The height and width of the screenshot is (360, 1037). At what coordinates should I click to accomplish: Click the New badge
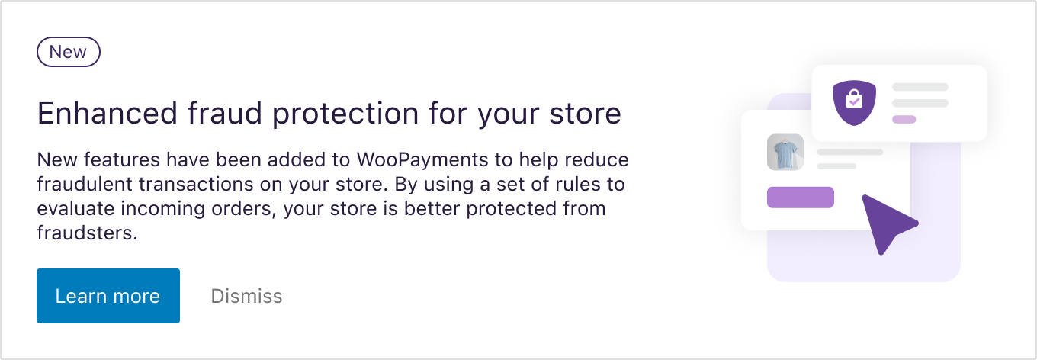(x=69, y=52)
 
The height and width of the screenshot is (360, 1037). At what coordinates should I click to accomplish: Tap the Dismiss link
(x=246, y=296)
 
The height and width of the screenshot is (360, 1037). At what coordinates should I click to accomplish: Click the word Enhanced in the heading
(x=108, y=113)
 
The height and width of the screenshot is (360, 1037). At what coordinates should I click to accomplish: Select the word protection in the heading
(x=345, y=114)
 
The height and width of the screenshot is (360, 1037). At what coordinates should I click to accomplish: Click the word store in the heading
(x=585, y=114)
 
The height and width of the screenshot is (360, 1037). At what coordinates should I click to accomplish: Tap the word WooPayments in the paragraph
(x=422, y=160)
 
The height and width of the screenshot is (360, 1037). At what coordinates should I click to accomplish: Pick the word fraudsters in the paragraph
(x=87, y=233)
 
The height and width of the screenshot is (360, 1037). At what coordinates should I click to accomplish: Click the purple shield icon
(x=854, y=102)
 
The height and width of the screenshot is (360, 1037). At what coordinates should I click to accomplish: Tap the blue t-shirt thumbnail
(x=785, y=153)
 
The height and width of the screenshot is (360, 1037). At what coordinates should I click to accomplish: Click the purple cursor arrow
(x=887, y=223)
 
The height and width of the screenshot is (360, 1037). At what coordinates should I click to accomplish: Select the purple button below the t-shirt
(x=801, y=198)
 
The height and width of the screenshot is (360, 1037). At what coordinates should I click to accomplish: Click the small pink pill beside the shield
(x=904, y=120)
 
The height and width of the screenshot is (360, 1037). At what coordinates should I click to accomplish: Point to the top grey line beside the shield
(x=920, y=87)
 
